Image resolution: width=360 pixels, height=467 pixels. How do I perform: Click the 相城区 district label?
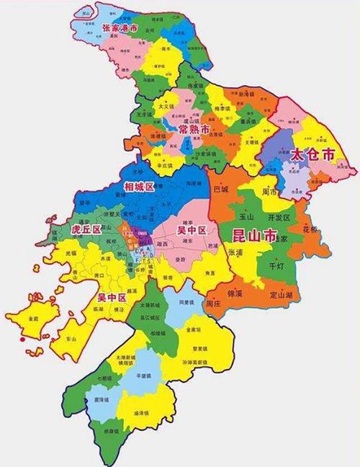(139, 187)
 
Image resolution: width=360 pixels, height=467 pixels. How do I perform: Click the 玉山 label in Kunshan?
(246, 215)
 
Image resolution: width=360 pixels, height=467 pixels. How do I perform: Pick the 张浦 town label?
(235, 253)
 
